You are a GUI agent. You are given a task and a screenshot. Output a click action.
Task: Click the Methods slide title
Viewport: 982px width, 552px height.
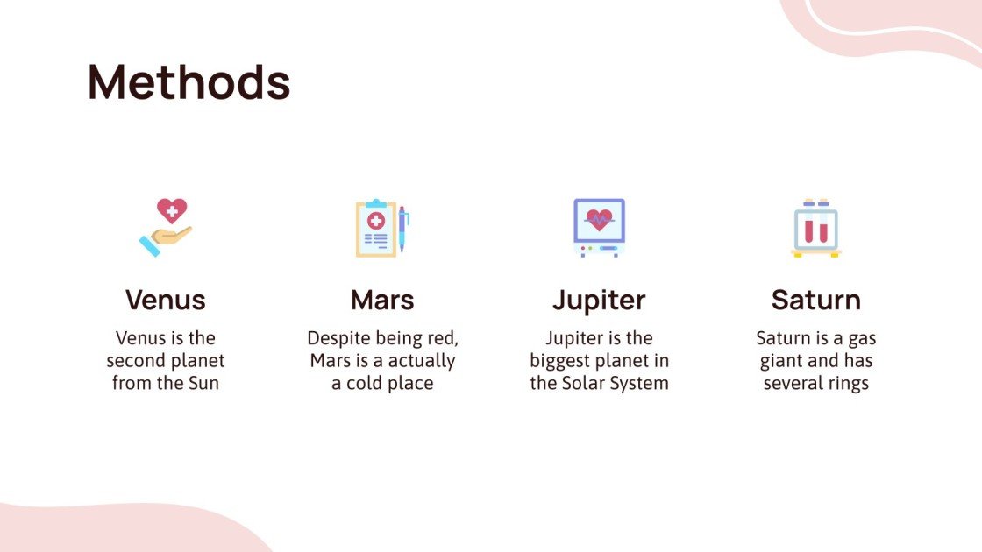189,83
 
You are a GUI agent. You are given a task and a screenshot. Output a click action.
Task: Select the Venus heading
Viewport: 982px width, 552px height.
166,300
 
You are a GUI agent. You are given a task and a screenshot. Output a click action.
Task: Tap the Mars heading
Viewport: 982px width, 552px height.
382,300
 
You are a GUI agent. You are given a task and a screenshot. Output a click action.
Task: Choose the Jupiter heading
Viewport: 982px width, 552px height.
599,300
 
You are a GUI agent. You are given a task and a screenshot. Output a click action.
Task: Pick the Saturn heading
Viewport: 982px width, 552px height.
815,300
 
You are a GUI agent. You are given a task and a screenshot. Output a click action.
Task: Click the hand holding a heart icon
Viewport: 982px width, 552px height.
166,227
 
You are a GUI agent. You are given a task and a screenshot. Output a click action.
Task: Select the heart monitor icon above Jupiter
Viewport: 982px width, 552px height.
599,227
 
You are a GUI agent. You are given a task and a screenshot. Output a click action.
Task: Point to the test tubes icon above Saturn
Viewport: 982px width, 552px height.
815,228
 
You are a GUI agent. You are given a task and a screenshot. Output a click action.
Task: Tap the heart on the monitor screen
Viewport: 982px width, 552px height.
599,219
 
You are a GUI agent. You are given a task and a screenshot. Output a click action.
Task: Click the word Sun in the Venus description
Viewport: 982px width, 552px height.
202,384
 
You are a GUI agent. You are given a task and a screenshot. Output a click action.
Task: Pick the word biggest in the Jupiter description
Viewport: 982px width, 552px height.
561,361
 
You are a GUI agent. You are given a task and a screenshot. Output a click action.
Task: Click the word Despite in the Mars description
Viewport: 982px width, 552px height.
336,338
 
